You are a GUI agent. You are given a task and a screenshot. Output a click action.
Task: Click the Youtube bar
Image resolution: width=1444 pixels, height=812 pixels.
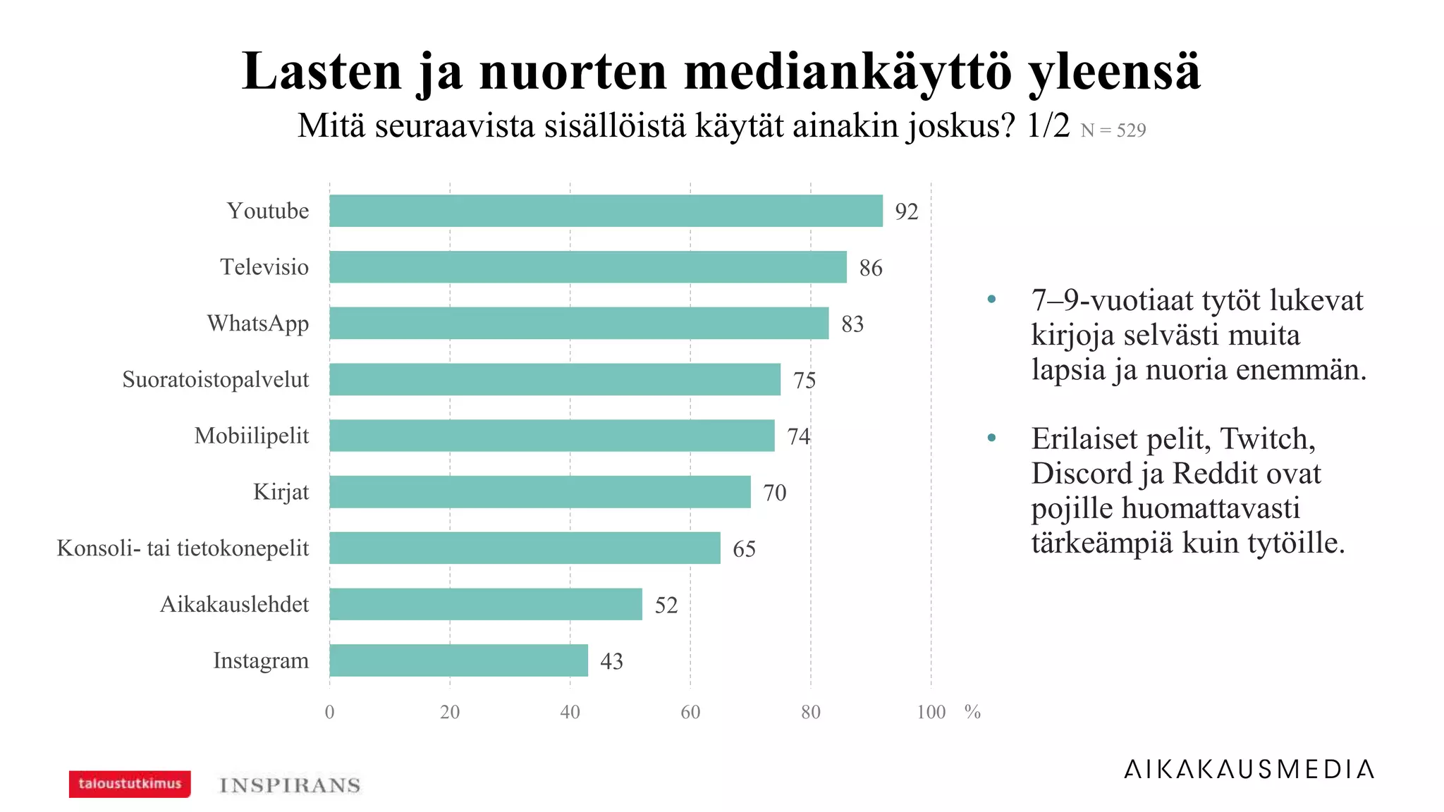[x=606, y=211]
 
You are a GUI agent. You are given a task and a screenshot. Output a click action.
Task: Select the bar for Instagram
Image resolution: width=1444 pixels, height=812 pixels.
[x=458, y=660]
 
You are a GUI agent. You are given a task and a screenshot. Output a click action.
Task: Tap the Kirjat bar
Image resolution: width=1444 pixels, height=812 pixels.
[x=539, y=492]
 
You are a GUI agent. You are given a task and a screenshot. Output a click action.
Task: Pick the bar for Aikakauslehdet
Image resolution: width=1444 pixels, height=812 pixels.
[x=485, y=604]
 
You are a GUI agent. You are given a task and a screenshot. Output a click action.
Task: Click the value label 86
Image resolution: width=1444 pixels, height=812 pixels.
[x=870, y=268]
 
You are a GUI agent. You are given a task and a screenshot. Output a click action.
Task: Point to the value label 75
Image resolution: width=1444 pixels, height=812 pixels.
[x=804, y=381]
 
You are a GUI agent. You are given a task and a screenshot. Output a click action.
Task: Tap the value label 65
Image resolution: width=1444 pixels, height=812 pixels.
[x=744, y=549]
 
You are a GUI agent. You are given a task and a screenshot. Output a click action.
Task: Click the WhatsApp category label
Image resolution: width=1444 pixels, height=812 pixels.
[x=257, y=324]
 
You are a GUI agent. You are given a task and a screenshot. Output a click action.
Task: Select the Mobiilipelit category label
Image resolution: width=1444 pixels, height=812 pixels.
[x=251, y=436]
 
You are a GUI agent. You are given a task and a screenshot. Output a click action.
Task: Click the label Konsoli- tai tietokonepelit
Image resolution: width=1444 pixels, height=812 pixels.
[x=183, y=548]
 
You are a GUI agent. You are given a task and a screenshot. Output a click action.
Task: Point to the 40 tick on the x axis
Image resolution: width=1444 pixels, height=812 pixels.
[x=570, y=712]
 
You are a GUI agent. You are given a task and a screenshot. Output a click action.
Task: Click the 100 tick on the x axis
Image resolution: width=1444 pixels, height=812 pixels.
[x=931, y=712]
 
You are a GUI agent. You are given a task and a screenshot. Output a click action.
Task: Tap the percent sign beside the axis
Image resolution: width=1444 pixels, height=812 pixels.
[x=972, y=712]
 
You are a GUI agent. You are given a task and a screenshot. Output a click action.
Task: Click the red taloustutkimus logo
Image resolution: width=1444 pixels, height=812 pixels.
[x=130, y=784]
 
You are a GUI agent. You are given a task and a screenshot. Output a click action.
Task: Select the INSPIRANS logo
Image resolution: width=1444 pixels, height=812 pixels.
[x=290, y=785]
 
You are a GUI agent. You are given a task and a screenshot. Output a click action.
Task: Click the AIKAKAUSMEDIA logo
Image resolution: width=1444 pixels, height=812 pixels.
[x=1249, y=769]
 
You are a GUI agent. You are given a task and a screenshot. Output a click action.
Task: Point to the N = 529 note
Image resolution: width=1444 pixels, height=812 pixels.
[x=1113, y=130]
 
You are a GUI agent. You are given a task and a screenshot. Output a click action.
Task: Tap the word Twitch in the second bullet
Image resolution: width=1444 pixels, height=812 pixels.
[x=1266, y=439]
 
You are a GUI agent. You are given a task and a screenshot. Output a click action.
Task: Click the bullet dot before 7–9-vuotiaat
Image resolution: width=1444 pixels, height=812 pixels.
[x=991, y=299]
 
